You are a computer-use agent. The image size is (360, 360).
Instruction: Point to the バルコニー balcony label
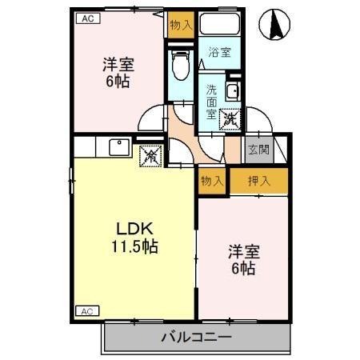coord(194,338)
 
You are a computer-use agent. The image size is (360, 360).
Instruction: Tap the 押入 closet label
coord(258,181)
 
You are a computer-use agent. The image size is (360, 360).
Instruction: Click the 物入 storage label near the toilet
coord(180,25)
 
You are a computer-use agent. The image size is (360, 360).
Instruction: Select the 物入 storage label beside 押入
coord(212,181)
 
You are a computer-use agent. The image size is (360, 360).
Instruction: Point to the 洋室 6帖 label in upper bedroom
coord(117,72)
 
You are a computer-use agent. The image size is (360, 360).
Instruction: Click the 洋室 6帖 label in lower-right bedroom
coord(244,260)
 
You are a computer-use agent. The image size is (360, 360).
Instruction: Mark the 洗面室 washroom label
coord(212,102)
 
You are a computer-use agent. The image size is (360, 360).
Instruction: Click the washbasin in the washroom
coord(232,90)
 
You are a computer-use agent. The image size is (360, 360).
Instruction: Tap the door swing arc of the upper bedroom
coord(150,120)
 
